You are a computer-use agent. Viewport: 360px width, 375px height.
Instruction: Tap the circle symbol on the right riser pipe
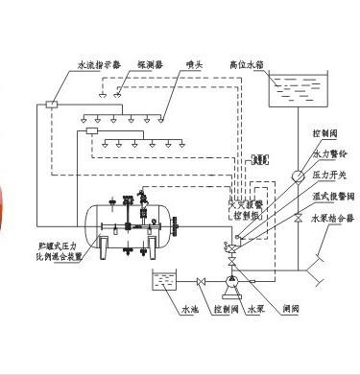tap(298, 176)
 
